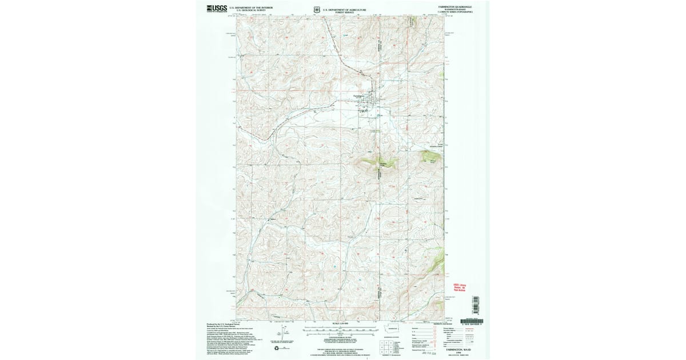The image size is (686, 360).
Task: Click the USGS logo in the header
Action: click(x=217, y=8)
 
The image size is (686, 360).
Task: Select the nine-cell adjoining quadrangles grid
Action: click(x=384, y=345)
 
